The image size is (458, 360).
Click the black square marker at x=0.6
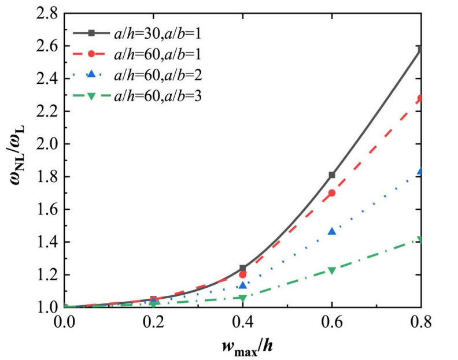click(x=332, y=175)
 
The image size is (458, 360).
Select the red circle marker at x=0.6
click(x=332, y=193)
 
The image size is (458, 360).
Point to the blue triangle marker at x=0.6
click(x=332, y=231)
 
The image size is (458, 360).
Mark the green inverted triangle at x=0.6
click(x=332, y=270)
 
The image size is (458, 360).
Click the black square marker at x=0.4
click(x=243, y=268)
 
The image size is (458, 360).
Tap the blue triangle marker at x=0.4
click(x=243, y=285)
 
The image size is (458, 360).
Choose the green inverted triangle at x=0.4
click(x=243, y=298)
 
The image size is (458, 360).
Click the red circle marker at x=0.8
click(x=420, y=98)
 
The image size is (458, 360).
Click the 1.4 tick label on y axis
click(x=46, y=242)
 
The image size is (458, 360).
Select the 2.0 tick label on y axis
click(x=46, y=144)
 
